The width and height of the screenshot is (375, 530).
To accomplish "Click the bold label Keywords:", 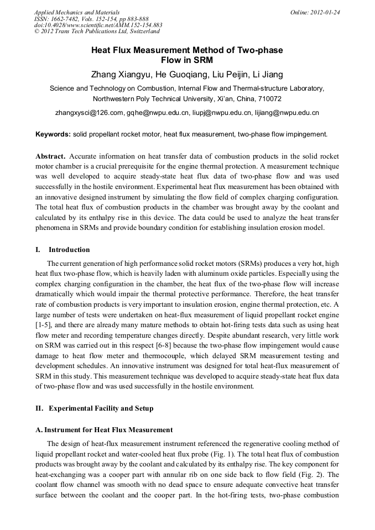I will [53, 134].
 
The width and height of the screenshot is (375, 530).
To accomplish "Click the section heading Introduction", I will [69, 249].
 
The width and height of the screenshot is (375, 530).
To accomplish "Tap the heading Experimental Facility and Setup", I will [101, 408].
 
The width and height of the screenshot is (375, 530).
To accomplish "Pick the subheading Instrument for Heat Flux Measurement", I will [108, 429].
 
